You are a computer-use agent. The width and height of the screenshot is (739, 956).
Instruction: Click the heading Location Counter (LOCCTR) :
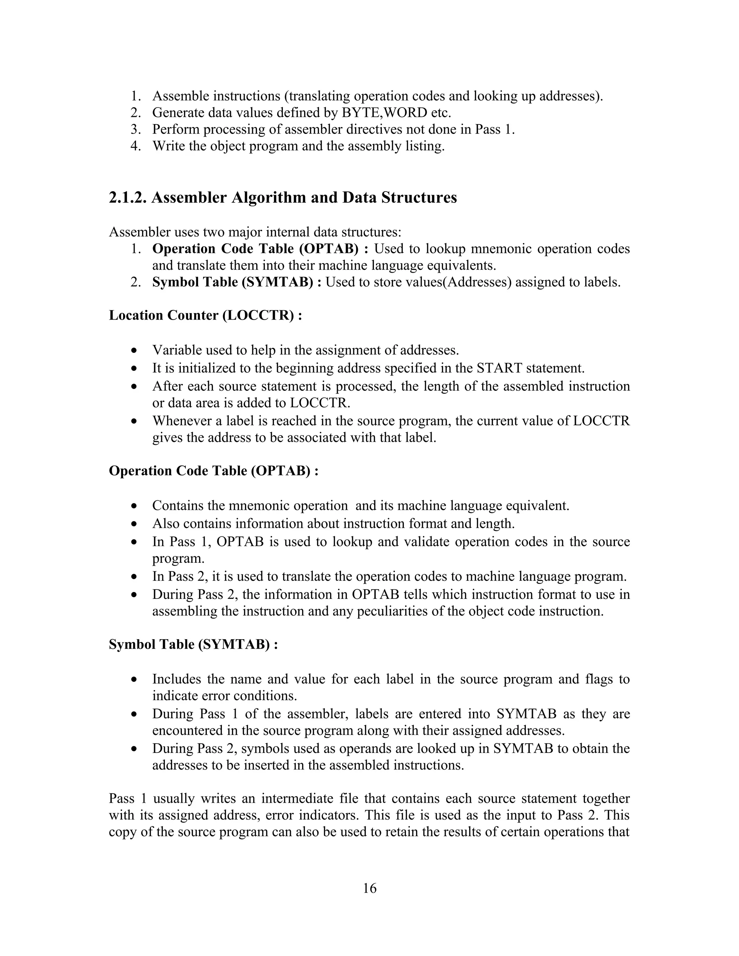click(205, 315)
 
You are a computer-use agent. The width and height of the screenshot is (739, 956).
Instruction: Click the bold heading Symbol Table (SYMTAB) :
click(193, 644)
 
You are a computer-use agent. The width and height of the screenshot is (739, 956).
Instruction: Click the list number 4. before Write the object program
click(136, 146)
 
